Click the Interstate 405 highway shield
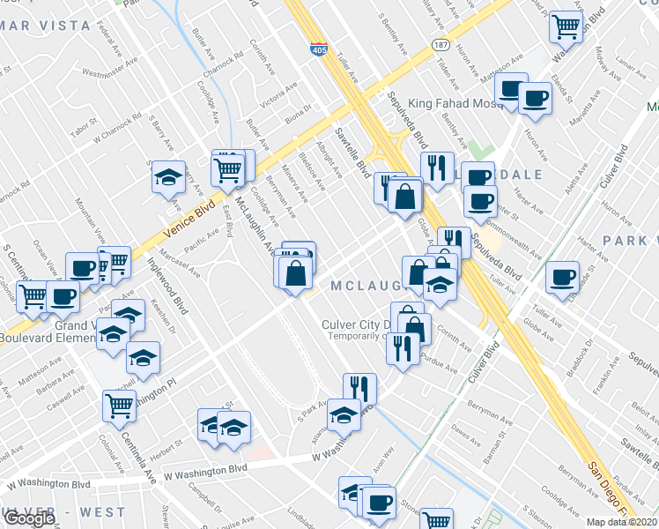pyautogui.click(x=316, y=51)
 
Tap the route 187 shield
pyautogui.click(x=438, y=44)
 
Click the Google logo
pyautogui.click(x=28, y=518)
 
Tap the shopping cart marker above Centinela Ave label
pyautogui.click(x=119, y=406)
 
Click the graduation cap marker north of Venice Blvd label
pyautogui.click(x=168, y=176)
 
